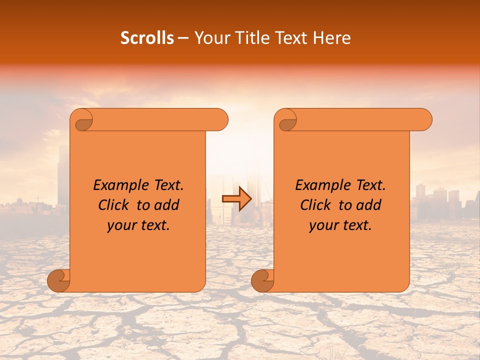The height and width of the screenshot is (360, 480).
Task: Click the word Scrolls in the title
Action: click(x=147, y=38)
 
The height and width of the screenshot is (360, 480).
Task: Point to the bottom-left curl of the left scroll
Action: click(x=59, y=280)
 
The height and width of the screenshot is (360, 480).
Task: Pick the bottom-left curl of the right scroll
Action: click(x=262, y=280)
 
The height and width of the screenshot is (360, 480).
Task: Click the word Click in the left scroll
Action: click(x=115, y=205)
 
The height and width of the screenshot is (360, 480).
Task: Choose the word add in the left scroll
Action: click(x=166, y=205)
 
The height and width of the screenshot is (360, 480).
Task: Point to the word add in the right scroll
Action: click(x=368, y=205)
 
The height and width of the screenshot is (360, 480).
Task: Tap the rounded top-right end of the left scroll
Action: click(x=220, y=119)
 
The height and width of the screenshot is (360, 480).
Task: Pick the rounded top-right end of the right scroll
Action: click(x=424, y=119)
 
